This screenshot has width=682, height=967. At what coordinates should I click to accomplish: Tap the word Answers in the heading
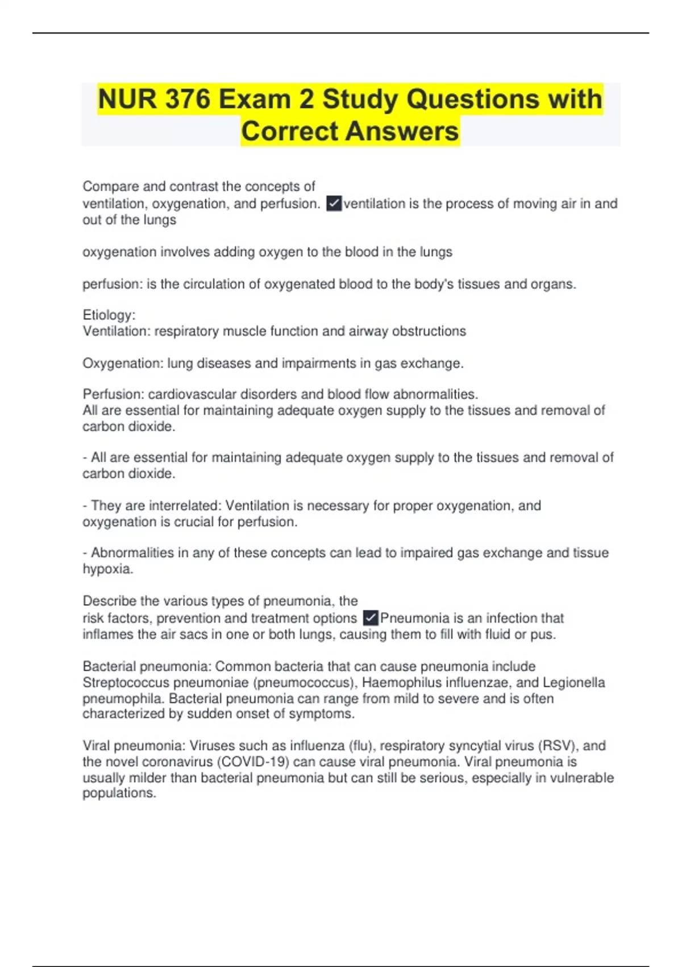coord(402,131)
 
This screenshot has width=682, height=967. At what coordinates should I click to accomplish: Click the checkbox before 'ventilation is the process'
coord(334,204)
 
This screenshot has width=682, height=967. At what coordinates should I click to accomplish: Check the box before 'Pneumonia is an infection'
coord(371,618)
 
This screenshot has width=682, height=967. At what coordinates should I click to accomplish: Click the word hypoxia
coord(107,569)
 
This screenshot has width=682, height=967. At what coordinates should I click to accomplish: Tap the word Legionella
coord(573,683)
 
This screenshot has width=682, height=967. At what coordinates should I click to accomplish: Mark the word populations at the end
coord(119,794)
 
